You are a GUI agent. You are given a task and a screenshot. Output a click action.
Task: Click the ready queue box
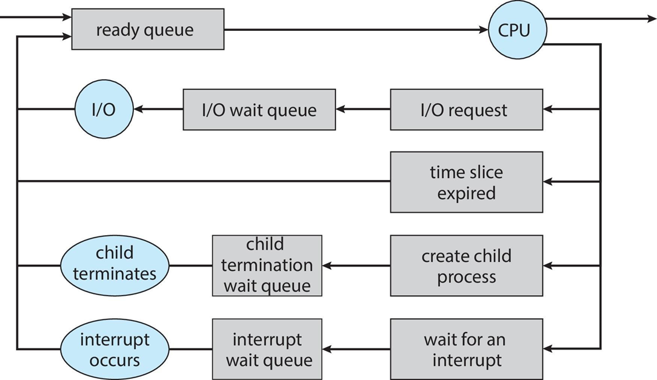tap(147, 29)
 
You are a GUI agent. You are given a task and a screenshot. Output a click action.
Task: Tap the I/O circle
tap(103, 110)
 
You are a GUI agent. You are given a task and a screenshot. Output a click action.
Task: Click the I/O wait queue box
tap(259, 110)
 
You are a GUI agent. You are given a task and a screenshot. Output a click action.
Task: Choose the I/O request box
tap(465, 110)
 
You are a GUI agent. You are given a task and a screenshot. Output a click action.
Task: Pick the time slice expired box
tap(465, 182)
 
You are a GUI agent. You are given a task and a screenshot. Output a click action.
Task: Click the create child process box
tap(465, 265)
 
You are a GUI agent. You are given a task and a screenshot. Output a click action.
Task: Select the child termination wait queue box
tap(267, 265)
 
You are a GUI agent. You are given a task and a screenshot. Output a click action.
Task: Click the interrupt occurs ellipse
tap(114, 349)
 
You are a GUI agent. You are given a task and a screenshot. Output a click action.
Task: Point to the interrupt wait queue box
tap(267, 349)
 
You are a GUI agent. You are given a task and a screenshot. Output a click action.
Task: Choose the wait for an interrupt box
tap(465, 349)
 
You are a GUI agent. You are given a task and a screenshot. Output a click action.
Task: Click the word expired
tap(466, 193)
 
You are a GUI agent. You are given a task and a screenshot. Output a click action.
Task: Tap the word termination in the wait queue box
tap(267, 265)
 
